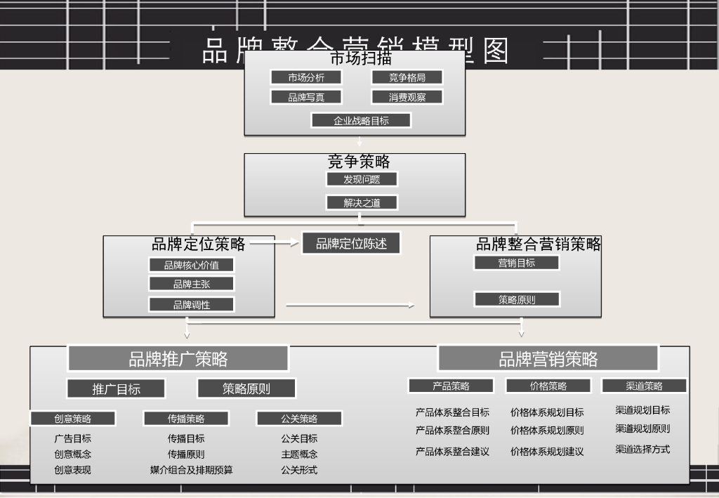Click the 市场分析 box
click(x=306, y=78)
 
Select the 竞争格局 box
click(x=407, y=78)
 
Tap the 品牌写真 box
click(x=306, y=98)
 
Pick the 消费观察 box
click(x=407, y=98)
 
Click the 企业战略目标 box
click(x=361, y=121)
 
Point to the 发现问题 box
click(x=362, y=179)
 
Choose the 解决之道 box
click(x=362, y=203)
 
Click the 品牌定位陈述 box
click(x=351, y=244)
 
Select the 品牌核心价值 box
click(x=191, y=266)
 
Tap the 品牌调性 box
click(x=191, y=305)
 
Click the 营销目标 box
click(x=517, y=263)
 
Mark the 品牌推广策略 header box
click(x=178, y=359)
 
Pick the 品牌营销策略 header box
click(x=548, y=359)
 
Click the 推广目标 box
click(x=116, y=389)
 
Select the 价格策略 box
click(x=548, y=386)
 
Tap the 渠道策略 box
click(x=644, y=386)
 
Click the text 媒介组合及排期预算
click(x=191, y=470)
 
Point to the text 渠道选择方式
click(x=642, y=450)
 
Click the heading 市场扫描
click(x=360, y=58)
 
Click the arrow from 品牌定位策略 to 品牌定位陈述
click(x=275, y=243)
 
